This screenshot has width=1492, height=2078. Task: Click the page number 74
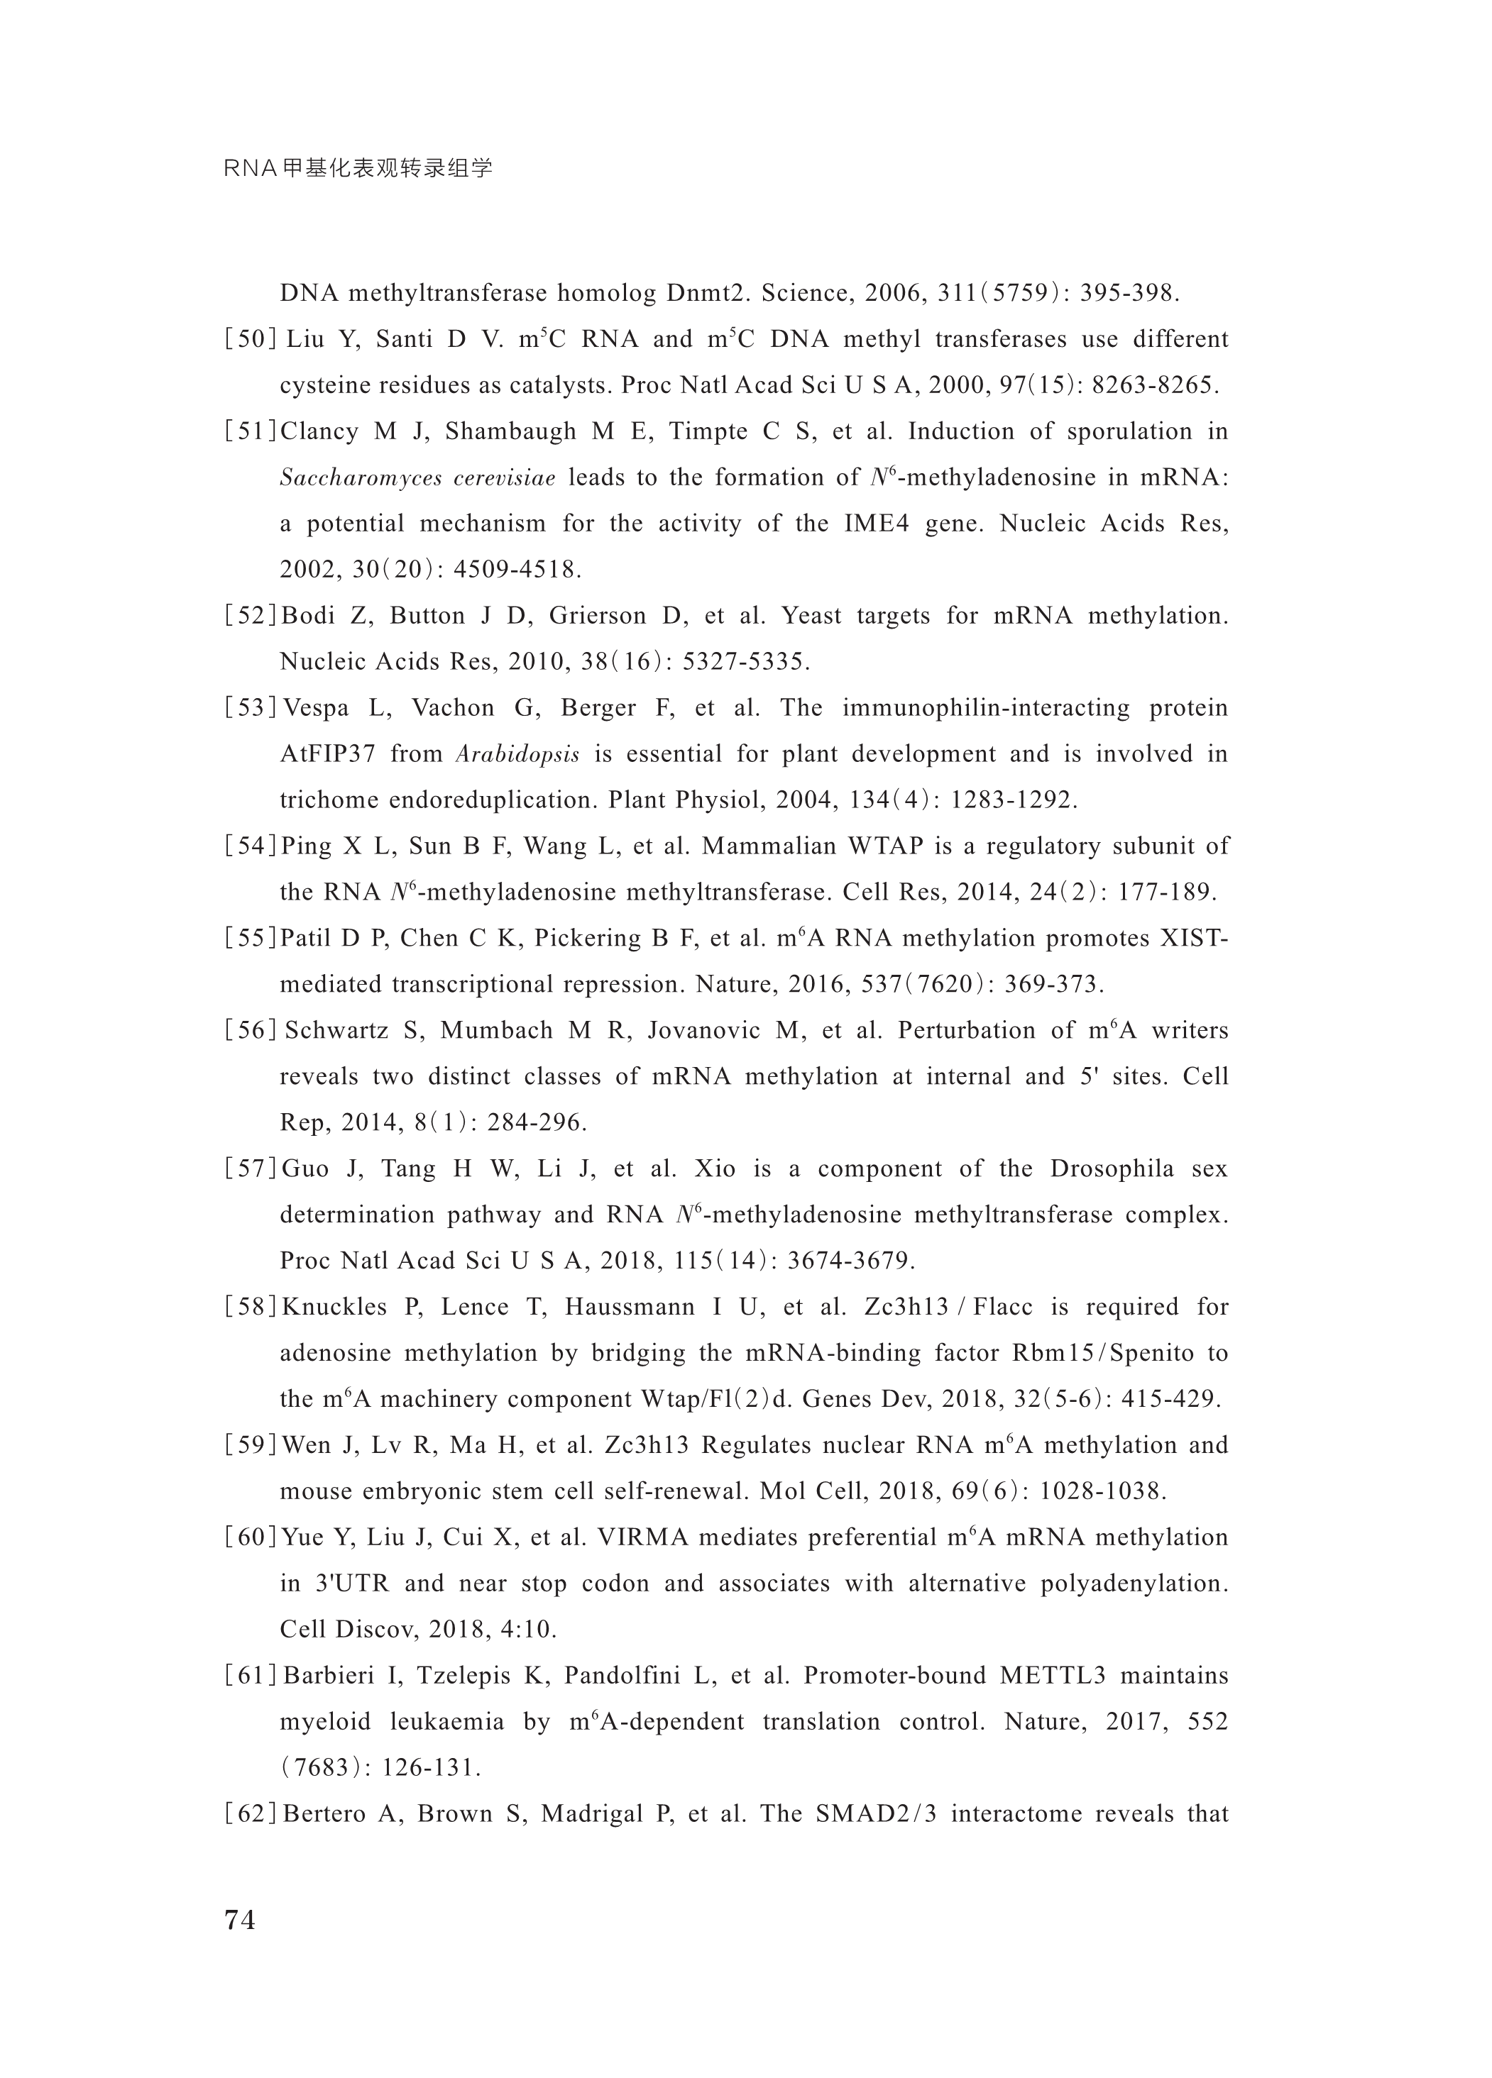pyautogui.click(x=240, y=1920)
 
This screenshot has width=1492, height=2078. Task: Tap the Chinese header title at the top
pyautogui.click(x=358, y=169)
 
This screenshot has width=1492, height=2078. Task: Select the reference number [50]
pyautogui.click(x=250, y=340)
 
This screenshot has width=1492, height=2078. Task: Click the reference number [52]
pyautogui.click(x=250, y=616)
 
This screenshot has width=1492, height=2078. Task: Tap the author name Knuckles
pyautogui.click(x=334, y=1308)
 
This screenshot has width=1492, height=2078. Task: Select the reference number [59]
pyautogui.click(x=250, y=1446)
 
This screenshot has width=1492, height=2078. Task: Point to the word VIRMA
pyautogui.click(x=642, y=1537)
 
